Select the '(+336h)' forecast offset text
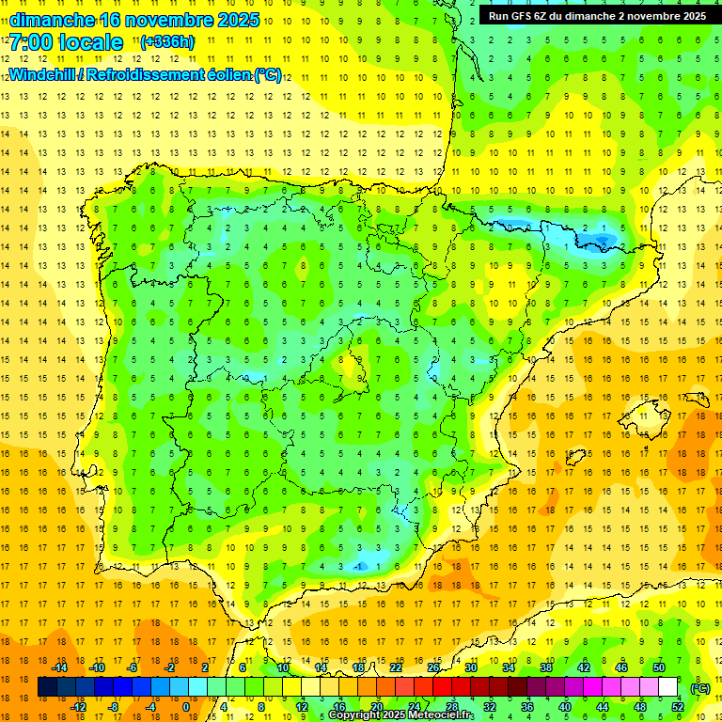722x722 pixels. pyautogui.click(x=166, y=42)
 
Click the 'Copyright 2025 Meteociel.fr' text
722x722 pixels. pyautogui.click(x=400, y=715)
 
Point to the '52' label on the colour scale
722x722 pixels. pyautogui.click(x=677, y=707)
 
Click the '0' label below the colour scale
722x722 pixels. pyautogui.click(x=186, y=707)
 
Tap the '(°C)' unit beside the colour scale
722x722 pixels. pyautogui.click(x=700, y=688)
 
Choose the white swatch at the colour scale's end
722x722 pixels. pyautogui.click(x=667, y=687)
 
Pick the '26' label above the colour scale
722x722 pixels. pyautogui.click(x=432, y=667)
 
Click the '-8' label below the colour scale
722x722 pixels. pyautogui.click(x=113, y=707)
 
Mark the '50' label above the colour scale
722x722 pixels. pyautogui.click(x=658, y=667)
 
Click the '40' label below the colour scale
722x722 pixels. pyautogui.click(x=564, y=707)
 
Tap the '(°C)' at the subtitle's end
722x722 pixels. pyautogui.click(x=267, y=74)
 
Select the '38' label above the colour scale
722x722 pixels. pyautogui.click(x=545, y=667)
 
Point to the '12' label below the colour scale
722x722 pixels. pyautogui.click(x=301, y=707)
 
